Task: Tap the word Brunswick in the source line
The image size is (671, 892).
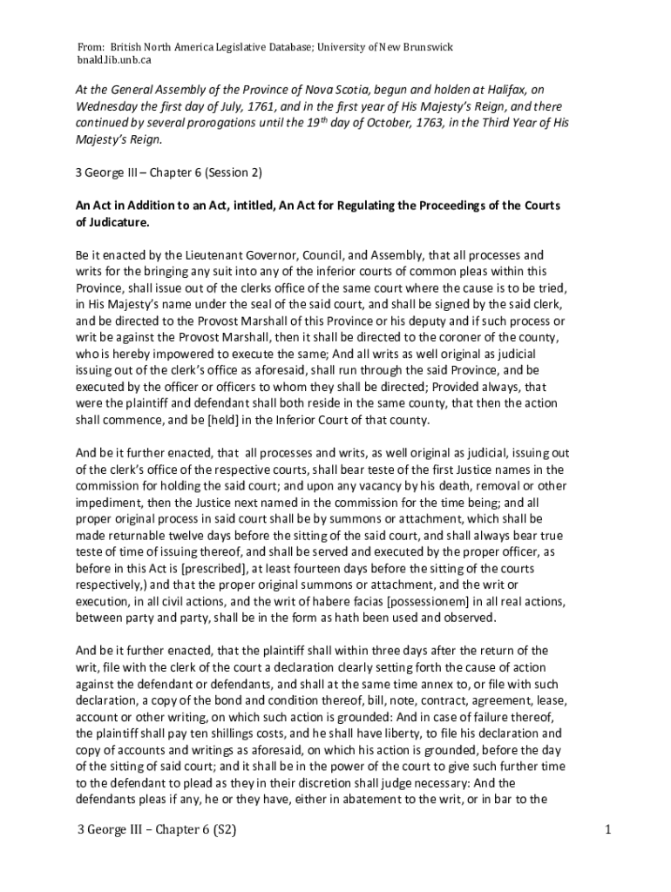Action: click(x=424, y=46)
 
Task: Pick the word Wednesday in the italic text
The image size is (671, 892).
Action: click(x=108, y=106)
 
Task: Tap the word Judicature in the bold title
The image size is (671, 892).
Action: click(x=119, y=222)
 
